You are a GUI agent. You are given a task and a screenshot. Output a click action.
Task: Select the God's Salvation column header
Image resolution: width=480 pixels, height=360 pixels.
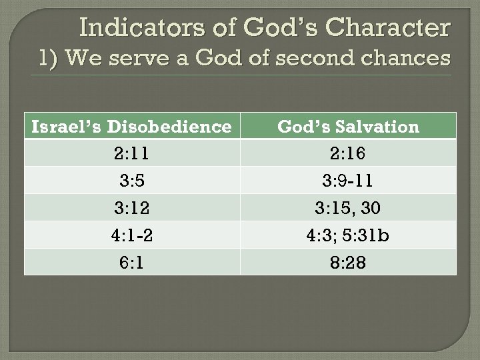[x=348, y=127]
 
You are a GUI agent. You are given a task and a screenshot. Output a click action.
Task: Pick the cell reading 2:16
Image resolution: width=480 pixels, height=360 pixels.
[x=348, y=154]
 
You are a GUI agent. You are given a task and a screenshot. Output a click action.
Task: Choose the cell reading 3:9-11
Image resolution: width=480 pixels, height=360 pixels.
[x=348, y=181]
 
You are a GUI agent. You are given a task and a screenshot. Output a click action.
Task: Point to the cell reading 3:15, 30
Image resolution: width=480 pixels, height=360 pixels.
[x=348, y=209]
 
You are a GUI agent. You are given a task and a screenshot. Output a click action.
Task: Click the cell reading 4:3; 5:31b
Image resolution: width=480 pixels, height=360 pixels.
[x=348, y=235]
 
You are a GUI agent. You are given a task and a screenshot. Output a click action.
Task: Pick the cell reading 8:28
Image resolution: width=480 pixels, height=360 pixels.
[x=348, y=263]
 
